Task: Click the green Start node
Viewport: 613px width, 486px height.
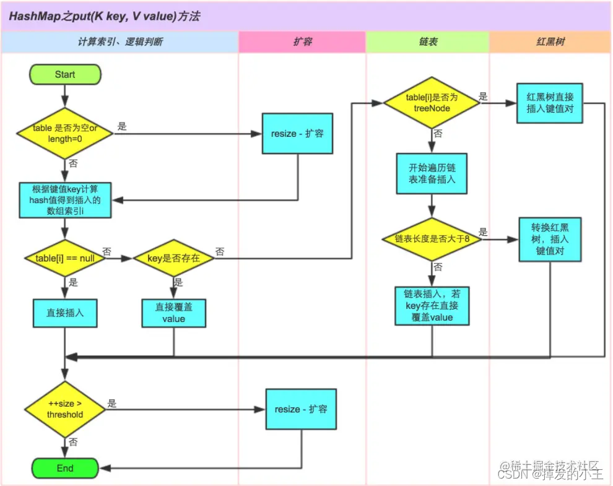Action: click(x=64, y=74)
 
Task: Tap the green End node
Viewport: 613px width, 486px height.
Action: click(x=64, y=468)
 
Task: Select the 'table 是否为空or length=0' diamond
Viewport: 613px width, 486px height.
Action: click(x=64, y=132)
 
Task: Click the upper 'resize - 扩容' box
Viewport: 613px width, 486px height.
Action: click(x=297, y=133)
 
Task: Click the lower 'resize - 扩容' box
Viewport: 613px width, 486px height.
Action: click(x=301, y=409)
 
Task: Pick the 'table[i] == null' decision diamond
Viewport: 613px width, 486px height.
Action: click(x=64, y=258)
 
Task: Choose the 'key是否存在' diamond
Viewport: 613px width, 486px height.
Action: click(x=174, y=258)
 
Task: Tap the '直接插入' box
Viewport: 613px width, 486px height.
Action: click(x=64, y=313)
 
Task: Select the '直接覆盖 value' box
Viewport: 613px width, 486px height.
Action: click(x=173, y=313)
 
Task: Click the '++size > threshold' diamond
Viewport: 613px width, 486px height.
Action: click(x=64, y=409)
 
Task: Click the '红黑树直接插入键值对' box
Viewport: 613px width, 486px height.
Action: click(x=550, y=103)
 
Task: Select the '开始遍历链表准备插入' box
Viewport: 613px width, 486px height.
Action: click(x=432, y=174)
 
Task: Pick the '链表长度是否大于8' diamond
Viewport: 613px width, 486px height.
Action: click(x=432, y=239)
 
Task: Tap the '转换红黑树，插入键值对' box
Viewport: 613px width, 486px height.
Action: click(x=550, y=238)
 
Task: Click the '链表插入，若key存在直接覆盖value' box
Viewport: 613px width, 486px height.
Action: click(x=432, y=306)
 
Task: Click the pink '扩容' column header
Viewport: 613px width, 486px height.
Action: click(x=302, y=42)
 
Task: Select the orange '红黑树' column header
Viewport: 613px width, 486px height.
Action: click(x=550, y=42)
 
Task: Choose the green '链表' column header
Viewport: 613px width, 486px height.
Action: click(x=428, y=42)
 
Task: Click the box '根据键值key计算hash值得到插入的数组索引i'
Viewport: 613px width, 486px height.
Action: click(x=64, y=199)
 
